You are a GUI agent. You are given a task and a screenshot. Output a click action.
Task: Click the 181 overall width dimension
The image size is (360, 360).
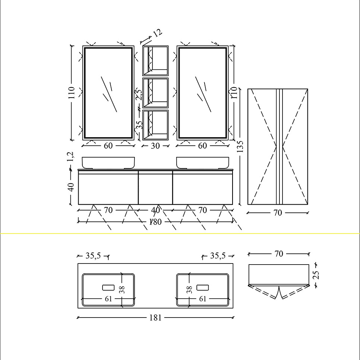(155, 318)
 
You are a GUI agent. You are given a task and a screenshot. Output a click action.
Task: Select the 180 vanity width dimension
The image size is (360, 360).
(155, 222)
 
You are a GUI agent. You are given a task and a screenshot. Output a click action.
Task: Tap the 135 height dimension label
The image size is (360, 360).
(240, 147)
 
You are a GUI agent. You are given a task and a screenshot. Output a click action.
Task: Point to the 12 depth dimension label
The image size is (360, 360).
(158, 33)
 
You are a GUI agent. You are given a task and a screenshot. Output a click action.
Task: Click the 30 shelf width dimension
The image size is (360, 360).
(155, 146)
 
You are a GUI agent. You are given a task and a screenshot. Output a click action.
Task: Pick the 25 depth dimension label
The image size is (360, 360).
(316, 275)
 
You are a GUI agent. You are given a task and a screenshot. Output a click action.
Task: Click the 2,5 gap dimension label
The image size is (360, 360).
(139, 95)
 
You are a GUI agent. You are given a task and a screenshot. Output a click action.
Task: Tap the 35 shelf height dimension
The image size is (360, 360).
(139, 125)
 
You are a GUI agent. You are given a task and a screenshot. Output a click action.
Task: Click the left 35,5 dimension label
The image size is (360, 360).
(93, 256)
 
